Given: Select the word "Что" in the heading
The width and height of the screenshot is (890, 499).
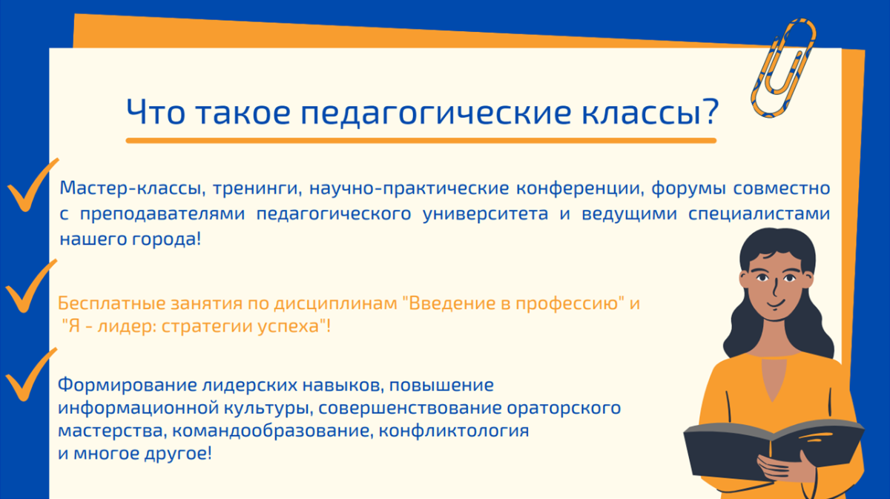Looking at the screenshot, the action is [x=156, y=112].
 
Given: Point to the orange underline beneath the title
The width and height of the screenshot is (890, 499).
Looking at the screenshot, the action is [x=421, y=140].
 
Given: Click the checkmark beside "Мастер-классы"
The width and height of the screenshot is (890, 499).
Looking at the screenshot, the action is [x=33, y=185].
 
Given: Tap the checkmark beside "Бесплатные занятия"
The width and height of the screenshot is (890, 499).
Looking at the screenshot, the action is [x=31, y=286].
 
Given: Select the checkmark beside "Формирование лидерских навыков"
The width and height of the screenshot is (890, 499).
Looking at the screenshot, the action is [x=31, y=374].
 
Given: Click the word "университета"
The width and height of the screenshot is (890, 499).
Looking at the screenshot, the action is [x=485, y=214].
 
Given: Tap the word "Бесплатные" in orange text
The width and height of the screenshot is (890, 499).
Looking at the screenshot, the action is [x=112, y=303].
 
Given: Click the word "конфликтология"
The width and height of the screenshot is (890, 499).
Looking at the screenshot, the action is [x=454, y=431].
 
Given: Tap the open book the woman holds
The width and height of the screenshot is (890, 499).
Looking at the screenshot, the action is [x=773, y=449].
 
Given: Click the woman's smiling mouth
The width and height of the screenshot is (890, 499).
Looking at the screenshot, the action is [x=776, y=304].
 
